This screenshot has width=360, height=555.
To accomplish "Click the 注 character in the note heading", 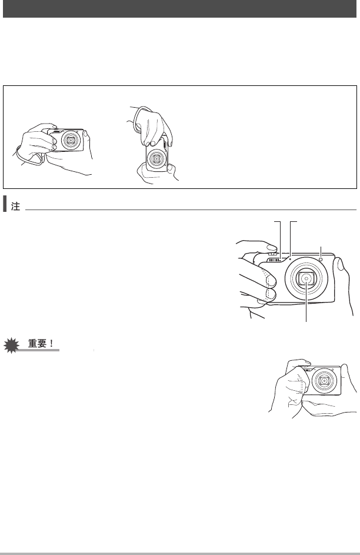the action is point(15,207).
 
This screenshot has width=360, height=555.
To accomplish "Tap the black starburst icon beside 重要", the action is point(11,345).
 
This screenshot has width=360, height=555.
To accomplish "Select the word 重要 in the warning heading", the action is point(37,343).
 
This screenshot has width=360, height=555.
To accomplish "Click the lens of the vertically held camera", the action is point(156,158).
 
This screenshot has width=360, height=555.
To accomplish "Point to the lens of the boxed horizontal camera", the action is point(71,140).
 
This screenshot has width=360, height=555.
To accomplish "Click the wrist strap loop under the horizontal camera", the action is point(30,156).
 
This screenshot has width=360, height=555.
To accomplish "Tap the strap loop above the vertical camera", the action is point(141,115).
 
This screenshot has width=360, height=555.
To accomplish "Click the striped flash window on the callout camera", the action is point(274,260).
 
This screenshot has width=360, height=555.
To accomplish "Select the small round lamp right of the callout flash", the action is point(321,260).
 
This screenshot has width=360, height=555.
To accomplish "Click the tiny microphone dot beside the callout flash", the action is point(291,259).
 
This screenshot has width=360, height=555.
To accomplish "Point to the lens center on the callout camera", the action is point(306,278).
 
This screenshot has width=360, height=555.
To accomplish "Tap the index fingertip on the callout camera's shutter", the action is point(271,248).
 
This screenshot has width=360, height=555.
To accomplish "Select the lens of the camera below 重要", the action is point(324,381).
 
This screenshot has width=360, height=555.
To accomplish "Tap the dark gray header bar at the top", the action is point(179,8).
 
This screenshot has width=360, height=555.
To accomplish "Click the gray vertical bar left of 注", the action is point(5,204).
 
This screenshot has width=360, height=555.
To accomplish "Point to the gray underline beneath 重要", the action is point(38,350).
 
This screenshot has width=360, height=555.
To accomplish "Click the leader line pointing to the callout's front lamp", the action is point(321,252).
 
